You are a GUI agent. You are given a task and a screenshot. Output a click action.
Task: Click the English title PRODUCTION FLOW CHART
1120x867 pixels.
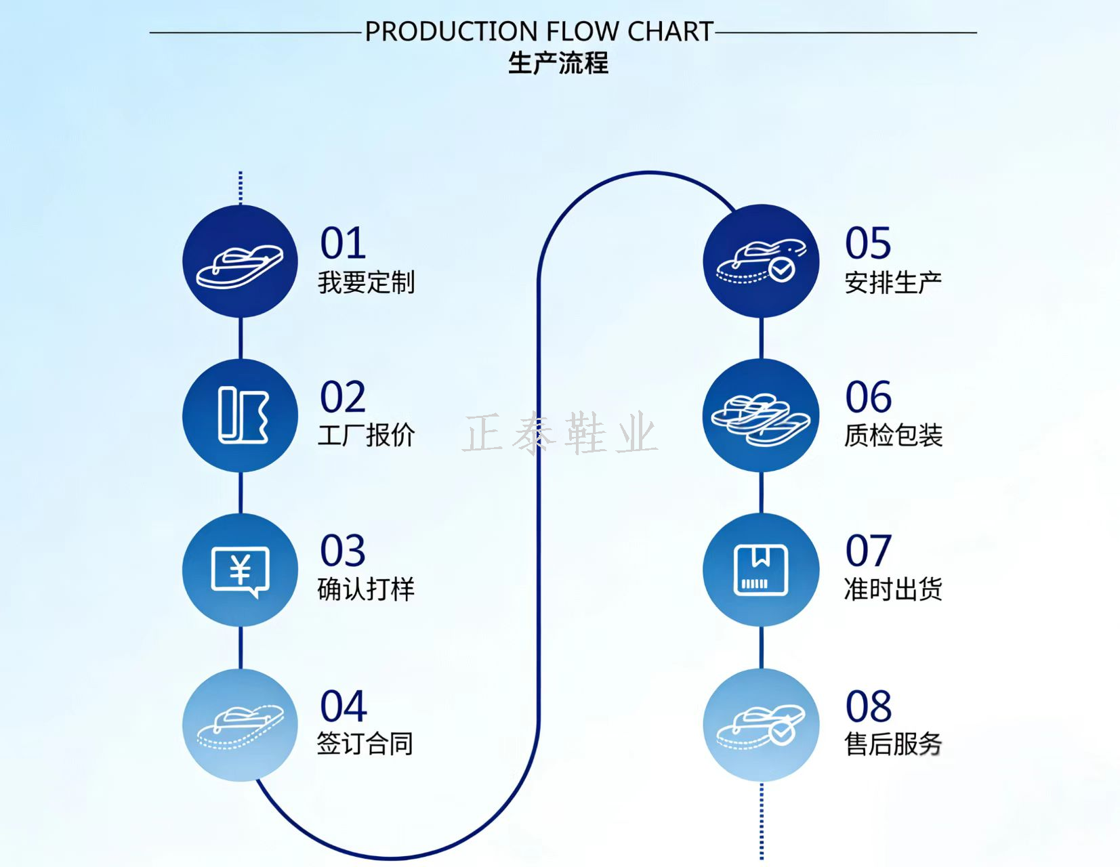tap(539, 32)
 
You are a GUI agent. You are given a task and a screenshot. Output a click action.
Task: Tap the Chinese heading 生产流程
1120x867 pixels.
tap(558, 64)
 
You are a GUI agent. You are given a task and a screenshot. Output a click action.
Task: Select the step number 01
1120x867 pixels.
tap(344, 243)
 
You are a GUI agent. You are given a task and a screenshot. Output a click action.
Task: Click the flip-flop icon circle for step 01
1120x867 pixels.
tap(240, 261)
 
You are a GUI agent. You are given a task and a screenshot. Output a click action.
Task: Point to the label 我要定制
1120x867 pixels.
tap(366, 282)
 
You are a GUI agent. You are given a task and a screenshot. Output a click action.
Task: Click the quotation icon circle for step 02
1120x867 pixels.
tap(240, 415)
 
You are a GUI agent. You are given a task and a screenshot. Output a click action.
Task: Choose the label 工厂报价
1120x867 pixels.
tap(366, 436)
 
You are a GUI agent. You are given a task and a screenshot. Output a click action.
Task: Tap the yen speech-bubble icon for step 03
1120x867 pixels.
tap(240, 572)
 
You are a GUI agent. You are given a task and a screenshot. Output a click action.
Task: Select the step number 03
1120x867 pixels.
tap(344, 551)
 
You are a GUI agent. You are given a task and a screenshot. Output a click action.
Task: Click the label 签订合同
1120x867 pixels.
tap(365, 744)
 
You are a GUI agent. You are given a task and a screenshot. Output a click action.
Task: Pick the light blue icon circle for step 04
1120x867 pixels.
tap(240, 725)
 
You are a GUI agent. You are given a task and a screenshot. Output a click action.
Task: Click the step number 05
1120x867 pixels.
tap(869, 243)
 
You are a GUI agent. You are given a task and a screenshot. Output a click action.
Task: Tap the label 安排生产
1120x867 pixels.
tap(893, 282)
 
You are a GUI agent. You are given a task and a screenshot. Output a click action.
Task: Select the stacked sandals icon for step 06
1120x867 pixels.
tap(761, 420)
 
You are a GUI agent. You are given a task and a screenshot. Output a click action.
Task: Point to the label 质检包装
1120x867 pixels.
tap(893, 436)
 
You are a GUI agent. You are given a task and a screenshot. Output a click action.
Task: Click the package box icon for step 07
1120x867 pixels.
tap(761, 570)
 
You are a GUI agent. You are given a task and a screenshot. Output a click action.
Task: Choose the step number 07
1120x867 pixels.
tap(869, 551)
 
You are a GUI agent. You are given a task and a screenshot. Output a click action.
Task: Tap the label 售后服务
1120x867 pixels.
tap(893, 744)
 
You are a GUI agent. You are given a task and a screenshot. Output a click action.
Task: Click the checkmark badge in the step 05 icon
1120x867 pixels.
tap(782, 270)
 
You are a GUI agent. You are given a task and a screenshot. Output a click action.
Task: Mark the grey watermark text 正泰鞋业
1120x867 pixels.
tap(560, 433)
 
